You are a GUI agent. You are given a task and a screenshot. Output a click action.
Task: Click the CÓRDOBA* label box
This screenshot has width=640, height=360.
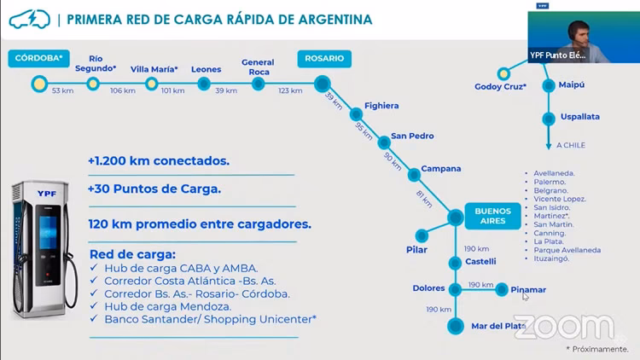(38, 59)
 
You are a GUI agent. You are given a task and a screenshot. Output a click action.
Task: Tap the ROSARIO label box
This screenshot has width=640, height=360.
(323, 59)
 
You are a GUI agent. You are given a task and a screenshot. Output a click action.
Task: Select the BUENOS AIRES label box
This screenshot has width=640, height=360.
(492, 216)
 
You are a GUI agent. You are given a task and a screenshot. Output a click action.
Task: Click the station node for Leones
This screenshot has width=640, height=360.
(204, 84)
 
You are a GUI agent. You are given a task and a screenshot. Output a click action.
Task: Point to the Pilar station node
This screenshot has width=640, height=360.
(422, 235)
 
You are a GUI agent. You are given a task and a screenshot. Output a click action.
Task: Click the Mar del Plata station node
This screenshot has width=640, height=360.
(456, 326)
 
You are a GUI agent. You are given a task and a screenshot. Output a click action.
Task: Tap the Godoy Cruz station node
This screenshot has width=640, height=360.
(504, 73)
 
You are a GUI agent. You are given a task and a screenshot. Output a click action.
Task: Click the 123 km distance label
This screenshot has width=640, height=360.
(289, 90)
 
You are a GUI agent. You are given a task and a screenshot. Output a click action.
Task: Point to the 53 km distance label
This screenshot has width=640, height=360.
(62, 90)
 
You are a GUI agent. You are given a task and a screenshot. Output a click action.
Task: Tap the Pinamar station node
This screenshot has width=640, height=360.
(502, 290)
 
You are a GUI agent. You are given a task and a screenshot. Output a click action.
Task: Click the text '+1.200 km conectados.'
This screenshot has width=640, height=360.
(158, 160)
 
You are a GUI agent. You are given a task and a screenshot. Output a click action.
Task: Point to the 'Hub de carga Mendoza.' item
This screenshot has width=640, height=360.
(167, 306)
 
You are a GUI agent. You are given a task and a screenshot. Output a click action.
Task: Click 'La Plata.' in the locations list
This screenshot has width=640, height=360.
(549, 241)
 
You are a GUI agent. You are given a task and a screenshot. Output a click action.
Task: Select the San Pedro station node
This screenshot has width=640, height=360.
(384, 137)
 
